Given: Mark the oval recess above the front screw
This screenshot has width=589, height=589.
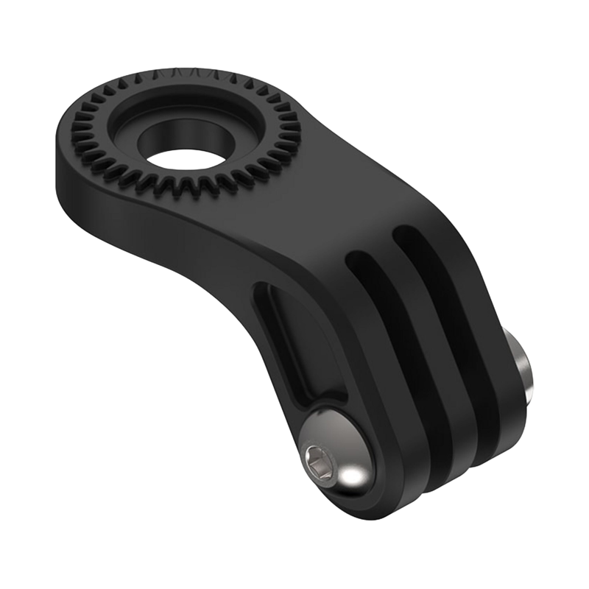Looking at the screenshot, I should tap(294, 339).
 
